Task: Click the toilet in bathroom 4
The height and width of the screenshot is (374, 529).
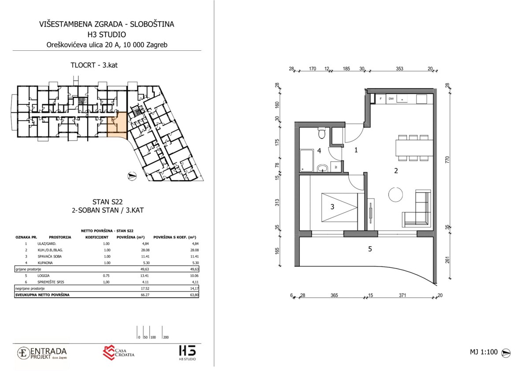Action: [321, 134]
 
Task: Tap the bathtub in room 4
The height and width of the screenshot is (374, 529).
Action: [307, 161]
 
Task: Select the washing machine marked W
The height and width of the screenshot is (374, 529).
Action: [336, 167]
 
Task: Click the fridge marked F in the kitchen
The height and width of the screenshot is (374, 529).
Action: [381, 99]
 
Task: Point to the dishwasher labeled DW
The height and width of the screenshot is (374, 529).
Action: [391, 99]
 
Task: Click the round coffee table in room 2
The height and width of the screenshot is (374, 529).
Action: [395, 194]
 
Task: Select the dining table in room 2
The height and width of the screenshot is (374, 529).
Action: [414, 148]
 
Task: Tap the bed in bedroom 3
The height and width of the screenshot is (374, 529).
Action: [339, 207]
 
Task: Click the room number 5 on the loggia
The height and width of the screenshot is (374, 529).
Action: [370, 249]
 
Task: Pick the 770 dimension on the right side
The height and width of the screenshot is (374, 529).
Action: [447, 160]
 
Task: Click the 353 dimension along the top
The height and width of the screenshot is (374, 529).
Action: [399, 69]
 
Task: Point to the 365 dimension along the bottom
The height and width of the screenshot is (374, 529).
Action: [334, 295]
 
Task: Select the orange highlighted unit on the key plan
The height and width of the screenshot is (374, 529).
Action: [117, 125]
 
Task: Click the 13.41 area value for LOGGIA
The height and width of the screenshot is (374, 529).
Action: [145, 276]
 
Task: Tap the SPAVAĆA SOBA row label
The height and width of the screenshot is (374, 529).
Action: [49, 256]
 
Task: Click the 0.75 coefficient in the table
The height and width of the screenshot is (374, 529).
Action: [107, 276]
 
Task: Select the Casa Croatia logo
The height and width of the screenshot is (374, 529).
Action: [118, 353]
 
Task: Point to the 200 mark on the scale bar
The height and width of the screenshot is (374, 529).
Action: [166, 337]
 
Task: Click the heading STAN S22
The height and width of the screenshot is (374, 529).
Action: [108, 202]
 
